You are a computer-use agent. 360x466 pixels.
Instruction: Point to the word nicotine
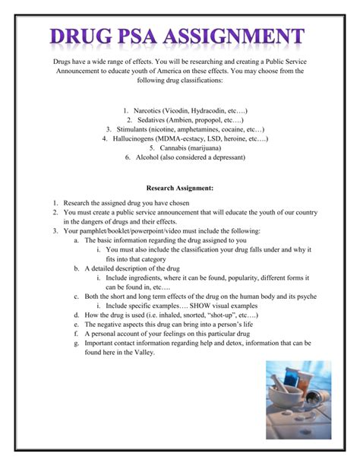tap(177, 129)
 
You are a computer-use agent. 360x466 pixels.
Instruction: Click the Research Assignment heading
tap(180, 187)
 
